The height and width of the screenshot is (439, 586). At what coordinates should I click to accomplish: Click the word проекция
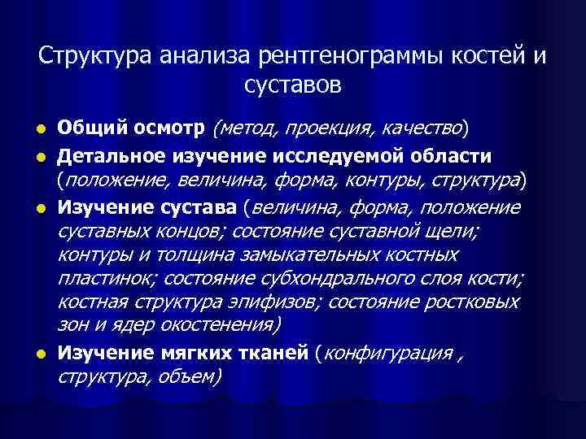click(x=317, y=128)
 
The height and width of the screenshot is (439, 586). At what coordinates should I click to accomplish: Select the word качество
click(x=422, y=128)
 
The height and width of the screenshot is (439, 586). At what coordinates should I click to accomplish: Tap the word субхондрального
click(x=315, y=279)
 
